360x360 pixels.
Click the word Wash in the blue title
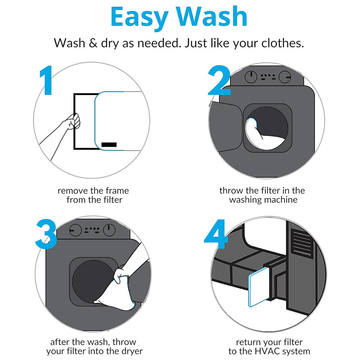211,17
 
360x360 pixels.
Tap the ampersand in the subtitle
93,43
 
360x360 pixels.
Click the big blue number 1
47,80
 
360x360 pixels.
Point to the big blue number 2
219,80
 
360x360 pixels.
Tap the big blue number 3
46,234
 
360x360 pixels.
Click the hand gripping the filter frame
73,121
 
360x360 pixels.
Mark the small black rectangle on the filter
109,144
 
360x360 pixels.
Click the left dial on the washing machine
251,76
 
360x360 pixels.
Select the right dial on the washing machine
285,76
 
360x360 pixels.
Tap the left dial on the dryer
75,230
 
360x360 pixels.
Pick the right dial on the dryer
109,230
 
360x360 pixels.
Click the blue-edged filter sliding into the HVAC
258,287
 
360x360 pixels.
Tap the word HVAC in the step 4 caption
267,351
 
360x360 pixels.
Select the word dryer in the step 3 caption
131,352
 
